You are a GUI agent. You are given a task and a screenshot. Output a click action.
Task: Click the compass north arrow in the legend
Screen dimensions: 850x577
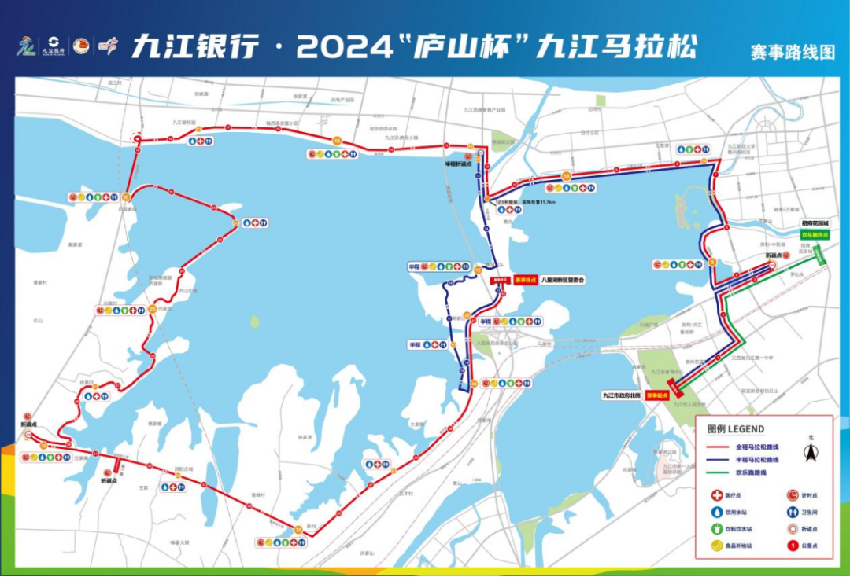810,451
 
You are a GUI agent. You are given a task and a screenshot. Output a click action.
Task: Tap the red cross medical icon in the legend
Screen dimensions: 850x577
717,495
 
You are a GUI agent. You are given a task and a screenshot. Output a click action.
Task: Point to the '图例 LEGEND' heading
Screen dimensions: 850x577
735,429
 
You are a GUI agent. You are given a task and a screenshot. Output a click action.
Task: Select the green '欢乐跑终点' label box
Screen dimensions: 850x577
815,234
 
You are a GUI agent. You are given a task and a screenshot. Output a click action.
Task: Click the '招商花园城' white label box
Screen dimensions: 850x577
815,223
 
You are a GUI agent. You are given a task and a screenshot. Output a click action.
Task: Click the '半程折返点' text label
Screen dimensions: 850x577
458,164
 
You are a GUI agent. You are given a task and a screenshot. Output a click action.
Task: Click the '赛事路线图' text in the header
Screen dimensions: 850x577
793,53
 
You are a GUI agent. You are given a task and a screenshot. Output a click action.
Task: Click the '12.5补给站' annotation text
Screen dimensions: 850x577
508,202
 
